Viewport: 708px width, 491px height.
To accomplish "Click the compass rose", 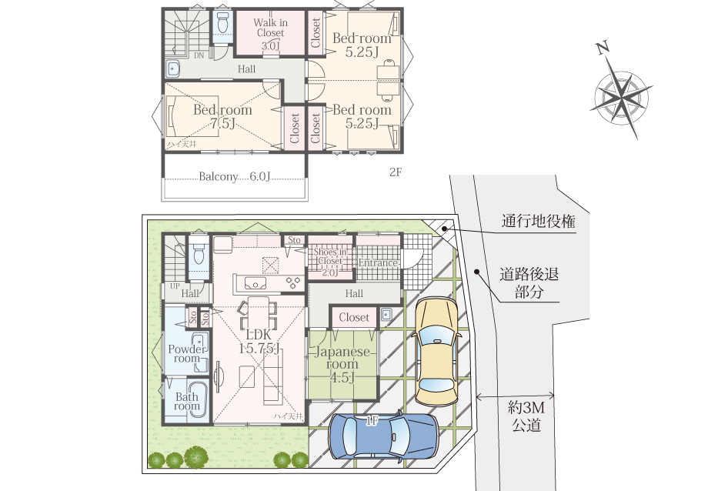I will [623, 95].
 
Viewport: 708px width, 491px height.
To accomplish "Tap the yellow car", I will [436, 350].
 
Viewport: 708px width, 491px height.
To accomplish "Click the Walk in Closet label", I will [269, 34].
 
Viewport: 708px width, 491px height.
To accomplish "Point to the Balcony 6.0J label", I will [235, 176].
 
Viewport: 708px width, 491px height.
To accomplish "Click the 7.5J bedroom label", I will [222, 116].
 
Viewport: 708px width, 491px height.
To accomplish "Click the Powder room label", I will [185, 353].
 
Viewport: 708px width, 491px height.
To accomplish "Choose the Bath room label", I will [186, 402].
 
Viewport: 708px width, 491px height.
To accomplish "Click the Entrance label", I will [378, 263].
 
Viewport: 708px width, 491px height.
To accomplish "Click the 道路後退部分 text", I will [530, 282].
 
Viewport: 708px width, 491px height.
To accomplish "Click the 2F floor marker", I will [395, 173].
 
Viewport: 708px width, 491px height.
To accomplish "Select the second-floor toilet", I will [223, 23].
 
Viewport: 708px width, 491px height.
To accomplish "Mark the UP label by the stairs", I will [174, 286].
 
